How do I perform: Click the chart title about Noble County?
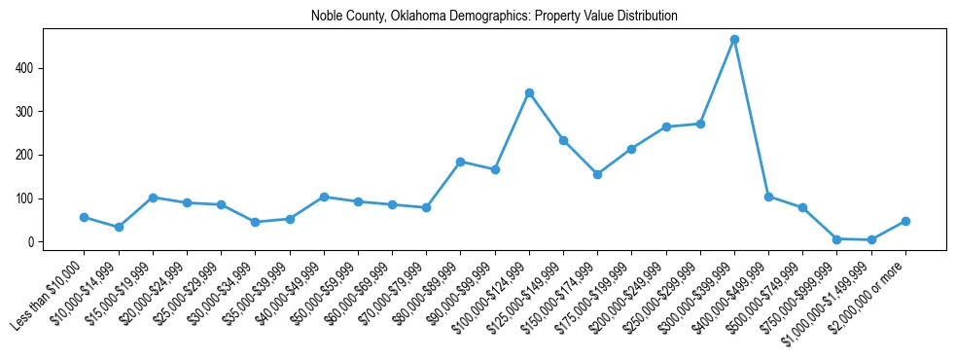pyautogui.click(x=494, y=17)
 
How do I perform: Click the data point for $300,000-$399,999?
pyautogui.click(x=734, y=40)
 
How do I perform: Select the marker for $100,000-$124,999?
pyautogui.click(x=529, y=93)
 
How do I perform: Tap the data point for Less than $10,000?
pyautogui.click(x=84, y=217)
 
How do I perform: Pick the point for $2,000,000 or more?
pyautogui.click(x=905, y=221)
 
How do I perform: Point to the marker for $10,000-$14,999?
pyautogui.click(x=118, y=227)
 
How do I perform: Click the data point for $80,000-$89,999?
pyautogui.click(x=460, y=162)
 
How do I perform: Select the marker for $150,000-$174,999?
pyautogui.click(x=597, y=174)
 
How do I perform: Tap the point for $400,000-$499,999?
pyautogui.click(x=768, y=197)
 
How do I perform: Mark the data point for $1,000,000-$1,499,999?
pyautogui.click(x=871, y=239)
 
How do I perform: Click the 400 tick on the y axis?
pyautogui.click(x=32, y=68)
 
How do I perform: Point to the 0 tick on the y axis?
pyautogui.click(x=37, y=242)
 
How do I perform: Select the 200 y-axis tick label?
pyautogui.click(x=32, y=155)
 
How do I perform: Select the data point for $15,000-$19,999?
pyautogui.click(x=153, y=198)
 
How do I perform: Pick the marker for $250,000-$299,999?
pyautogui.click(x=700, y=124)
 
